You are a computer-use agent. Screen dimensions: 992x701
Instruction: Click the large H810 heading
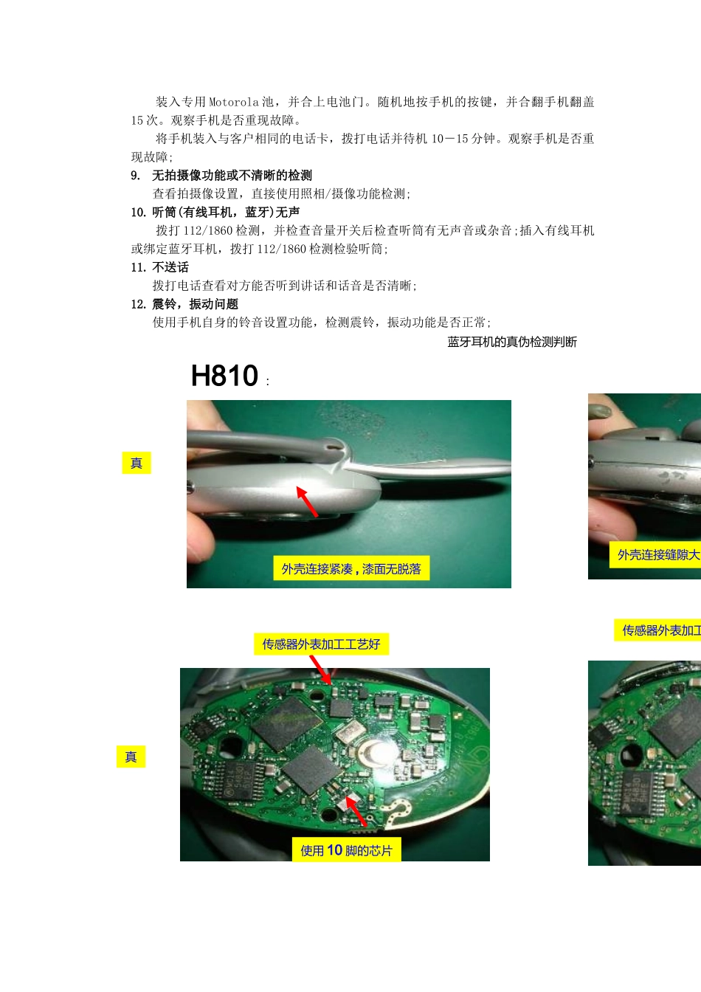point(224,376)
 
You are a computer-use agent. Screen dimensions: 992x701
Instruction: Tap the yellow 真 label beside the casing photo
point(137,463)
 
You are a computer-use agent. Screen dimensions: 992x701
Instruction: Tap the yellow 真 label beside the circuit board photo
point(131,757)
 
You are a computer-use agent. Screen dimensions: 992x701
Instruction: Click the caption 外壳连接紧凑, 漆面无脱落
point(351,569)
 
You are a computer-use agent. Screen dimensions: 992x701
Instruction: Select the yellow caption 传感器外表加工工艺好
point(321,644)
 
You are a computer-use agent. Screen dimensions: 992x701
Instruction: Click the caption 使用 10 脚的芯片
point(346,850)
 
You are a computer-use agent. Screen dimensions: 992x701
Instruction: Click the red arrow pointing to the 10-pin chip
point(356,812)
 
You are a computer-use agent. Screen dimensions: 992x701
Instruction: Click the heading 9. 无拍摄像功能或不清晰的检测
point(221,175)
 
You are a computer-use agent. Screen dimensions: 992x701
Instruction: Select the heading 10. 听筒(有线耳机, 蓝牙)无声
point(215,212)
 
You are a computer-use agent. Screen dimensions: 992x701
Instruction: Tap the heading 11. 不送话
point(160,267)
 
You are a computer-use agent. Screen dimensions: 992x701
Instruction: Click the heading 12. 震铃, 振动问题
point(184,304)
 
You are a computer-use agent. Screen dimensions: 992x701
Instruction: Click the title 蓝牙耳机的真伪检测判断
point(512,342)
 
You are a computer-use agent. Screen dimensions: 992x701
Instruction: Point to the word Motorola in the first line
point(234,102)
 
